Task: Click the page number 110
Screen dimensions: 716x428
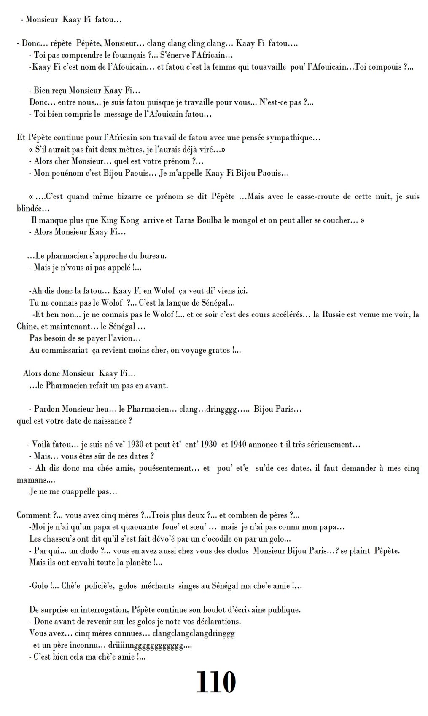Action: (x=215, y=683)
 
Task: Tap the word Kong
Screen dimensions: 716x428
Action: (x=129, y=220)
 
